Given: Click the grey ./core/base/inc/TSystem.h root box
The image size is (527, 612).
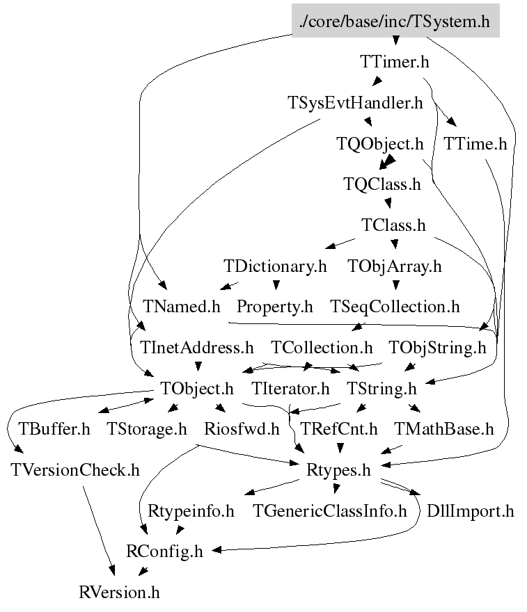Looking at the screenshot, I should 395,22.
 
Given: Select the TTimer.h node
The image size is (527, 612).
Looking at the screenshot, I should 395,62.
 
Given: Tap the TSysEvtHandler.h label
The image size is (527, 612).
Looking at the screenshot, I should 355,104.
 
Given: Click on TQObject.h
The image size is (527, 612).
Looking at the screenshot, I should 380,144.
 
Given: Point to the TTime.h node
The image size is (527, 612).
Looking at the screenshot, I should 475,144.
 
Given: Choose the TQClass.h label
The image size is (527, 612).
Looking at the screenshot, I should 382,184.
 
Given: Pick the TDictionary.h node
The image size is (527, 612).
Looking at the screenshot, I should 275,266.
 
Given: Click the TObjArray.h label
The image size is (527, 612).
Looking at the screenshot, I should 394,266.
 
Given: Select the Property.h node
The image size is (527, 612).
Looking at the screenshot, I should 275,306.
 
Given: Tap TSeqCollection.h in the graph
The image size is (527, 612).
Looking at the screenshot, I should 395,306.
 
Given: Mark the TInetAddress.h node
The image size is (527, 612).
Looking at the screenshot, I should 197,347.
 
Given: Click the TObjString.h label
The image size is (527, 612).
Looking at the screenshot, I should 437,347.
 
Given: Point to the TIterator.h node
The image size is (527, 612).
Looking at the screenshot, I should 290,387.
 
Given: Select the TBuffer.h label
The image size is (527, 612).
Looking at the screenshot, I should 54,428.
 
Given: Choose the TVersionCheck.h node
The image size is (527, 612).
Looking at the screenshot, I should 75,469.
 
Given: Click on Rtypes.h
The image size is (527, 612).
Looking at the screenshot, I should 339,469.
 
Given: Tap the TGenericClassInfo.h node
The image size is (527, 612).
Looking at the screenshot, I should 330,511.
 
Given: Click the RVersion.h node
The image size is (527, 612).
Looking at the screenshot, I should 120,593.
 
